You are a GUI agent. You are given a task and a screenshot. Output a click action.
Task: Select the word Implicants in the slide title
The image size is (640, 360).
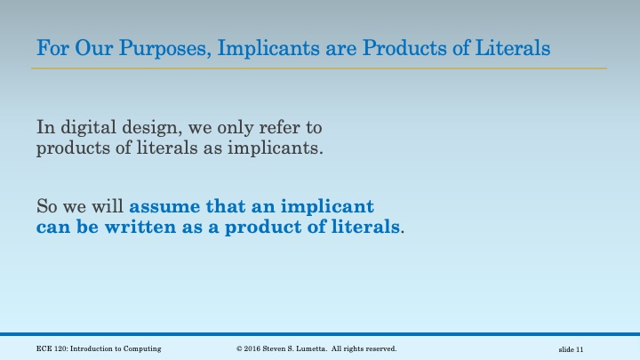click(x=263, y=47)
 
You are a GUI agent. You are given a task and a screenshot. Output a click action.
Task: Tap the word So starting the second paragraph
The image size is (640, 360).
click(x=46, y=207)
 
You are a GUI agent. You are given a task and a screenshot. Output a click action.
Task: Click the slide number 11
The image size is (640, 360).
click(x=579, y=348)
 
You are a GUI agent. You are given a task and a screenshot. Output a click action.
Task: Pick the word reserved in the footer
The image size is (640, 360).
click(x=380, y=348)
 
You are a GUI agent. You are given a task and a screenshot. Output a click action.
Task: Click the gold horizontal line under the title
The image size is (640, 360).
click(x=320, y=68)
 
